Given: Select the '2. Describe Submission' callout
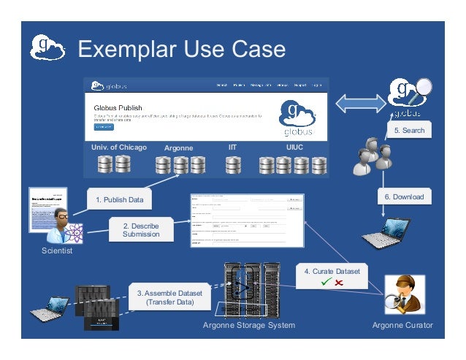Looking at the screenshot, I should pyautogui.click(x=140, y=229).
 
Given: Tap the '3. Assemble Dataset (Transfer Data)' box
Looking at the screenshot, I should pyautogui.click(x=169, y=296).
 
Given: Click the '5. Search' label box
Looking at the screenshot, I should pyautogui.click(x=409, y=130).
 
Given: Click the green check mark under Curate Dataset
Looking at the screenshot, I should pyautogui.click(x=325, y=283).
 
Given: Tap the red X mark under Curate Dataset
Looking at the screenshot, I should pyautogui.click(x=340, y=283).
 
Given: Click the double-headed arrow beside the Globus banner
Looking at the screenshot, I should pyautogui.click(x=359, y=102).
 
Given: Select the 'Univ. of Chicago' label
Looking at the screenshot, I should pyautogui.click(x=119, y=148).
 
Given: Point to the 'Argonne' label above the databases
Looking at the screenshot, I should pyautogui.click(x=178, y=148).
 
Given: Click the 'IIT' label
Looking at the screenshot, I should pyautogui.click(x=232, y=148).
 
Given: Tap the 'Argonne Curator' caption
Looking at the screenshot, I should pyautogui.click(x=402, y=325).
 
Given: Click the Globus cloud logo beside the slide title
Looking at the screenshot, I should pyautogui.click(x=47, y=49).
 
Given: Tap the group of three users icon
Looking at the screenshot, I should pyautogui.click(x=371, y=156).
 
